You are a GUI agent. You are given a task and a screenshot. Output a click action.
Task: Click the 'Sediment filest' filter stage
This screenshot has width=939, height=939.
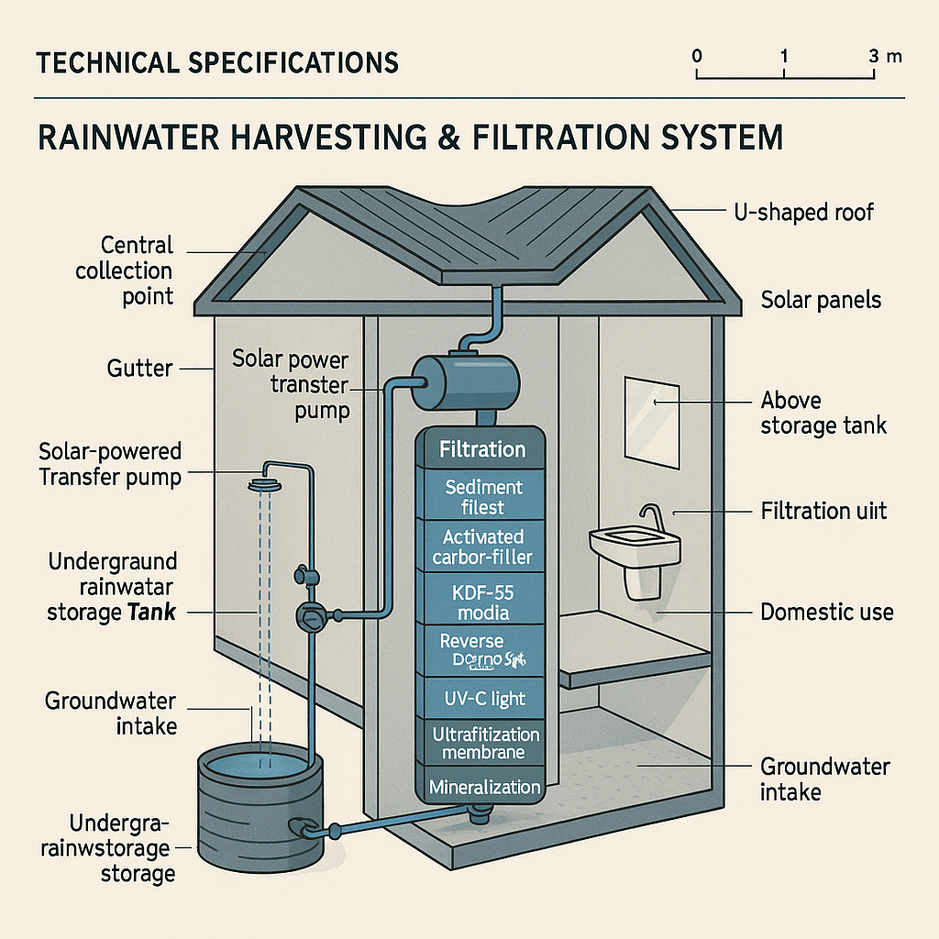tap(482, 496)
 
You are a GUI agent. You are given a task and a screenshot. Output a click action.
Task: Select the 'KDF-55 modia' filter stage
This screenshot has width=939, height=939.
tap(482, 601)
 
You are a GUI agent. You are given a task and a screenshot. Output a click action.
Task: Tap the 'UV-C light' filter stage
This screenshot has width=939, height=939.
tap(482, 699)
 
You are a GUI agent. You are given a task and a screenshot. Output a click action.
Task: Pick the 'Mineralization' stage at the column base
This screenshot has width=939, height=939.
tap(484, 787)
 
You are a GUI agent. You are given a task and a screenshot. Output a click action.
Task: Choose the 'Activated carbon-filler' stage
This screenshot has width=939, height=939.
tap(482, 547)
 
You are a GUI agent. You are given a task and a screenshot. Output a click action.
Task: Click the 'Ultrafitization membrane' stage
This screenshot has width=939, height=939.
tap(482, 743)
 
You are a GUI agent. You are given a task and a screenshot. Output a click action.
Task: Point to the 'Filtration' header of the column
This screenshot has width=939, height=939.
tap(482, 449)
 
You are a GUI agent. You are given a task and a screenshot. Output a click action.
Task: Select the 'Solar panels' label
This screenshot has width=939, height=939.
tap(822, 300)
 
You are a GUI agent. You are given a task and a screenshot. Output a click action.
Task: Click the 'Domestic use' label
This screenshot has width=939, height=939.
tap(827, 612)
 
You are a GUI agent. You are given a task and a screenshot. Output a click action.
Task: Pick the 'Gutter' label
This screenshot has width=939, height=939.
tap(139, 369)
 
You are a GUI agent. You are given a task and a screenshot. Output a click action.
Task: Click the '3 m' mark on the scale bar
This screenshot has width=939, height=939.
tap(884, 56)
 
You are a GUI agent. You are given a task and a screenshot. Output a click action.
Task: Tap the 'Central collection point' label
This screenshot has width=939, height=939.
tap(126, 271)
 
